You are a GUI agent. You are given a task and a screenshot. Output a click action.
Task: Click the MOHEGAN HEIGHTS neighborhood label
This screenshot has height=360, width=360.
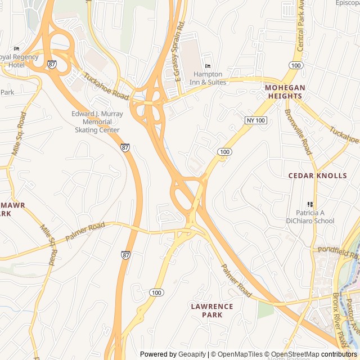285,92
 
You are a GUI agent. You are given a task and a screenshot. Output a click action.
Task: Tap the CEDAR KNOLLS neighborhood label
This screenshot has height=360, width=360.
318,175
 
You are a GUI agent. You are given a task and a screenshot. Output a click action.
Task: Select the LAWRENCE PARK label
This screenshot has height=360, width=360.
211,310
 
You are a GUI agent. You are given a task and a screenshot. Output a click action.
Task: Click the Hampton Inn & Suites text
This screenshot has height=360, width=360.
210,78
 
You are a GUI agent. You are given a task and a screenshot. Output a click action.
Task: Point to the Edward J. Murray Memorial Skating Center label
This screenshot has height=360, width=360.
97,121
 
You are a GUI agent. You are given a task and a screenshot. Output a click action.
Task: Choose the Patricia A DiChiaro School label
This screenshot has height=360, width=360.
315,217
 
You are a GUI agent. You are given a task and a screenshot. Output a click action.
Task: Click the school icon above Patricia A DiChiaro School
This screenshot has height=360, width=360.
309,204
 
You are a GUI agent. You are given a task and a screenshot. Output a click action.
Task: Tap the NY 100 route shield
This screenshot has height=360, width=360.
256,120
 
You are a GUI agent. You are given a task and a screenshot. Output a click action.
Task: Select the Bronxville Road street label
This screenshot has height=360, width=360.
298,131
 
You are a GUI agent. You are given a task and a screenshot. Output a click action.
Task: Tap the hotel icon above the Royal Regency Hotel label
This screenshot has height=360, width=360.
16,48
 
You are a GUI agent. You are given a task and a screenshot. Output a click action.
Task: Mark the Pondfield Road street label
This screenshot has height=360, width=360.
337,249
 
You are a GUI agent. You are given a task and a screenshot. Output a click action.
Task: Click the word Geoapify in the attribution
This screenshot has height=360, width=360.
192,354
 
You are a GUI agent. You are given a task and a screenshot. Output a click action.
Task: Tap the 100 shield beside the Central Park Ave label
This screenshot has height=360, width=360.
297,66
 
